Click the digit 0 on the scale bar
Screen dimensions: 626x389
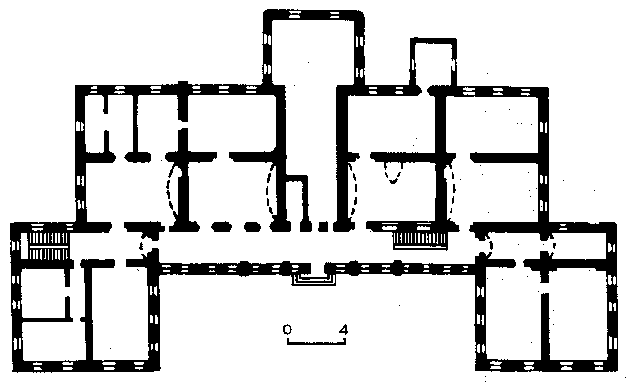(287, 330)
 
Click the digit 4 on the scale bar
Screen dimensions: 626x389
(343, 330)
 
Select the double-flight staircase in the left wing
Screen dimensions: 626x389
(48, 246)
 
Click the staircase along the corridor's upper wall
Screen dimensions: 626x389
(420, 240)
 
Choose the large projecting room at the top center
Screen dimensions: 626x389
(313, 52)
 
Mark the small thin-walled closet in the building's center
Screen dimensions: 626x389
(295, 201)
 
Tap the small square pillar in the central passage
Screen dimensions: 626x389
(324, 226)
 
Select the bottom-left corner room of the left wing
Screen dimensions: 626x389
(54, 341)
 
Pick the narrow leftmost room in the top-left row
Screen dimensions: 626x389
(94, 124)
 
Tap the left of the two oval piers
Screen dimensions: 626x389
(221, 226)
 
